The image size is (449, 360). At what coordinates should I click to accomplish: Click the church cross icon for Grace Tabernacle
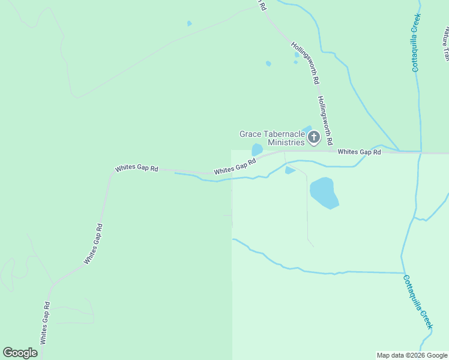313,138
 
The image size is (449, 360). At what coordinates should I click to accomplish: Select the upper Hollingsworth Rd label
306,62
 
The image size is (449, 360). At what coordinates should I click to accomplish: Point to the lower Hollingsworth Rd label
325,121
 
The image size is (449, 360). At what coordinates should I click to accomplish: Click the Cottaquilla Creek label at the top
415,42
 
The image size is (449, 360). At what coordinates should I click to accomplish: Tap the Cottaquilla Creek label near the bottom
417,301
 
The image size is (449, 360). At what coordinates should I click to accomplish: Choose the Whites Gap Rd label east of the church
359,152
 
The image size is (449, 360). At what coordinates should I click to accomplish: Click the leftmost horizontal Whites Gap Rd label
137,169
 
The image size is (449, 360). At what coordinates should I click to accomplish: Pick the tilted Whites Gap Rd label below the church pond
235,166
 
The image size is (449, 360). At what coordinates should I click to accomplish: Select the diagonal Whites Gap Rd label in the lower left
94,244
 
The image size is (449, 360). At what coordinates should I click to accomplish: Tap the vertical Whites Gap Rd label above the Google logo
44,322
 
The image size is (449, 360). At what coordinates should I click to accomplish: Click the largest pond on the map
324,192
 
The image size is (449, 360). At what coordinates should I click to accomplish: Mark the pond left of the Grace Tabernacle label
257,149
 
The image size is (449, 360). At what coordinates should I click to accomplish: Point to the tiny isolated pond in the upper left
190,23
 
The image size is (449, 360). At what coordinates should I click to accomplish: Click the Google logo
20,353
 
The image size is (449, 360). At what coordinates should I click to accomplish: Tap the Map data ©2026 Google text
412,355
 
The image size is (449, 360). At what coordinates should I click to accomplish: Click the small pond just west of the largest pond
289,170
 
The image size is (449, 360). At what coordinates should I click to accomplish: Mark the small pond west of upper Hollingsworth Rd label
268,63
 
